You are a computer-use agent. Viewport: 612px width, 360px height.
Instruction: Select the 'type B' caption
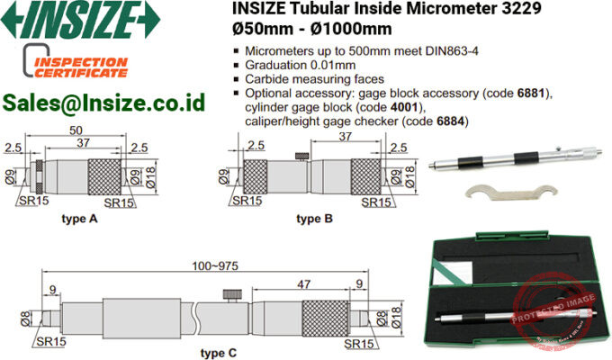click(314, 219)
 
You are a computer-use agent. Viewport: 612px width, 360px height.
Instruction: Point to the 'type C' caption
click(218, 352)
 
